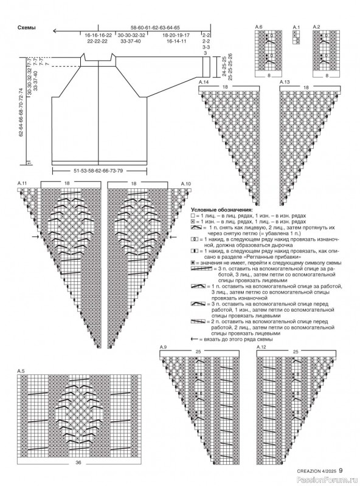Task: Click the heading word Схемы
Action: coord(26,28)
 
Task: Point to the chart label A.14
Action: coord(204,81)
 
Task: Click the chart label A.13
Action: coord(284,81)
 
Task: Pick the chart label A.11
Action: coord(22,183)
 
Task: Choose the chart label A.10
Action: coord(185,183)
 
